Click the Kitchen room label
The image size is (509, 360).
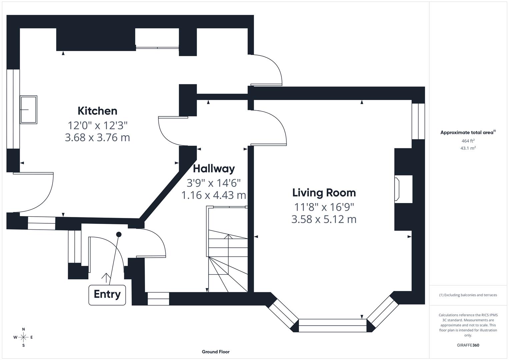coord(97,111)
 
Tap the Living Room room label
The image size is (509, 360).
coord(324,193)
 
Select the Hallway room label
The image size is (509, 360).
coord(214,169)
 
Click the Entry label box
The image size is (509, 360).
coord(107,295)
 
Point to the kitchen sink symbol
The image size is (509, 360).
coord(28,110)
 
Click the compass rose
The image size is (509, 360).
coord(23,337)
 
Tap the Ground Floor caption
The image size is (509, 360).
coord(215,352)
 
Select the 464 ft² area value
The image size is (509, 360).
coord(468,141)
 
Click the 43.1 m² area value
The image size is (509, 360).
coord(468,148)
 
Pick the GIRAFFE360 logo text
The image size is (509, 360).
coord(468,345)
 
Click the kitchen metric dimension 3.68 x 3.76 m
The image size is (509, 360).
coord(97,137)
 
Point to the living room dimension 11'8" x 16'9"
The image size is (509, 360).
coord(324,207)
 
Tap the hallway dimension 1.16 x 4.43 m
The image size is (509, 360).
coord(214,195)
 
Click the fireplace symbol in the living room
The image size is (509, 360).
coord(397,189)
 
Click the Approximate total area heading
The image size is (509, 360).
coord(468,132)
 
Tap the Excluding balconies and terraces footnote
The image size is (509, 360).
coord(468,295)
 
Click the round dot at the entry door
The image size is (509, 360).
coord(119,235)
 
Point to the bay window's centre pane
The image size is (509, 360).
coord(332,325)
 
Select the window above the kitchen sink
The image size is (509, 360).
coord(13,109)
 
